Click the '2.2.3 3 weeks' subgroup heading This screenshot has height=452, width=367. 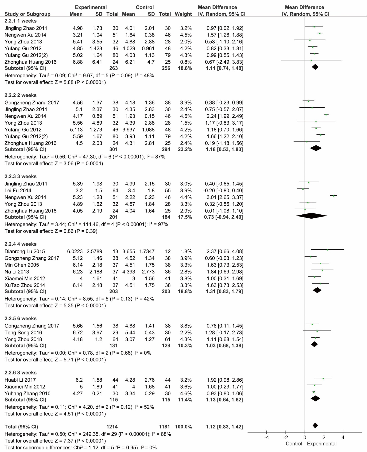coord(21,176)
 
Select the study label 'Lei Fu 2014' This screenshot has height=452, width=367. coord(18,191)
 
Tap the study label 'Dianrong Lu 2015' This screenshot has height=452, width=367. coord(25,251)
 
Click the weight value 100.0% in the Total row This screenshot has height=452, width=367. coord(183,427)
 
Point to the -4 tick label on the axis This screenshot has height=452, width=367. coord(266,437)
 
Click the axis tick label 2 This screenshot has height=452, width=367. coord(324,437)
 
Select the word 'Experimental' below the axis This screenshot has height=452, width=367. coord(322,444)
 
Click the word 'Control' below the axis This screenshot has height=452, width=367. coord(294,444)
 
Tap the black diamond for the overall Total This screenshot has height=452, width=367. coord(315,426)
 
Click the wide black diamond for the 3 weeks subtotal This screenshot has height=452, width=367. coord(312,216)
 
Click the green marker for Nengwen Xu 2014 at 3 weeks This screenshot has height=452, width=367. coord(334,196)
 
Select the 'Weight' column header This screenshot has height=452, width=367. coord(183,14)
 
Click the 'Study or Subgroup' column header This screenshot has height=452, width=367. coord(27,14)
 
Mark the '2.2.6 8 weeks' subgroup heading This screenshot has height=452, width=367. coord(21,373)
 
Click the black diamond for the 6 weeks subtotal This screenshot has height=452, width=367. coord(314,344)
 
